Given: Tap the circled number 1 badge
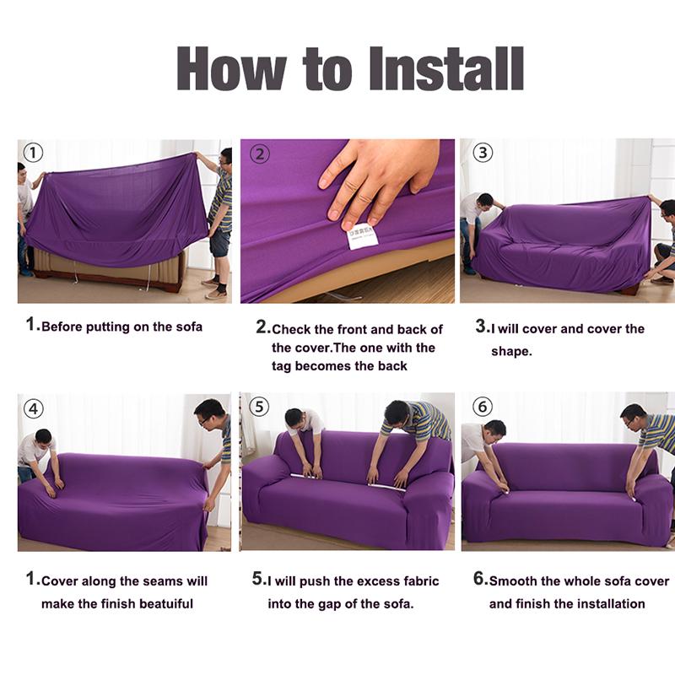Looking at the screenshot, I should [x=32, y=153].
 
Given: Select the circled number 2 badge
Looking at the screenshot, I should [x=261, y=154].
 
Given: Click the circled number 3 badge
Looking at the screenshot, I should [x=482, y=153].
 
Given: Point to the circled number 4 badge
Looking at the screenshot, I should [x=33, y=409].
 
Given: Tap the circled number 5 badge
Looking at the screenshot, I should [x=259, y=407].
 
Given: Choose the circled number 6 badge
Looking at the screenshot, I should [x=482, y=407].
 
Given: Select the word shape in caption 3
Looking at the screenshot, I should [x=511, y=351].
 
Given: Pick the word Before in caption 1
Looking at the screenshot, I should [x=62, y=327].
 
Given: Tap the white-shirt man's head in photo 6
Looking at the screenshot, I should [x=495, y=429].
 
